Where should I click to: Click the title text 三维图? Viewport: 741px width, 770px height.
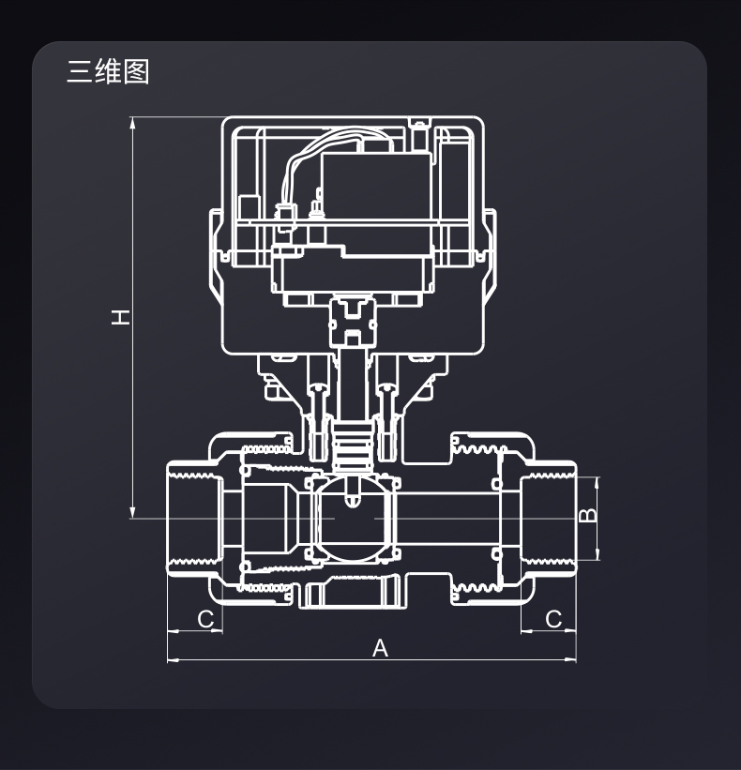click(108, 72)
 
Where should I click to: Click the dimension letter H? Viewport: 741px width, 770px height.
click(121, 317)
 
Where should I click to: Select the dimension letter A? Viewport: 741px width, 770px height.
click(380, 648)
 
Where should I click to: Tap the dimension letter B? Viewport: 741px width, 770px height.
click(586, 515)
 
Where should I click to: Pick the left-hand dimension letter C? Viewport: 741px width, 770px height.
click(205, 619)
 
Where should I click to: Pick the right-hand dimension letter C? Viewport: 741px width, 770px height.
click(553, 619)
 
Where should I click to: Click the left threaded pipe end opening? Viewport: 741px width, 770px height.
click(192, 518)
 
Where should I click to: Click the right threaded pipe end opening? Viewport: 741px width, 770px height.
click(549, 518)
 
